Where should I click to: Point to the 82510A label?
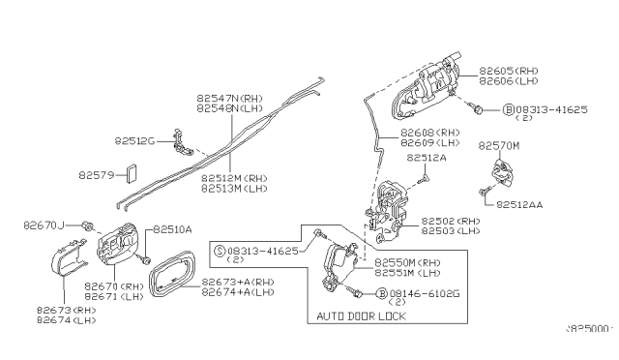[172, 229]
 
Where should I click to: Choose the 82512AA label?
[523, 204]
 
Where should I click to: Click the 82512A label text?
[426, 157]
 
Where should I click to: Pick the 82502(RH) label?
[453, 222]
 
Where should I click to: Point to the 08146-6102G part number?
[422, 292]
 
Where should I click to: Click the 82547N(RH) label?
[229, 98]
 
